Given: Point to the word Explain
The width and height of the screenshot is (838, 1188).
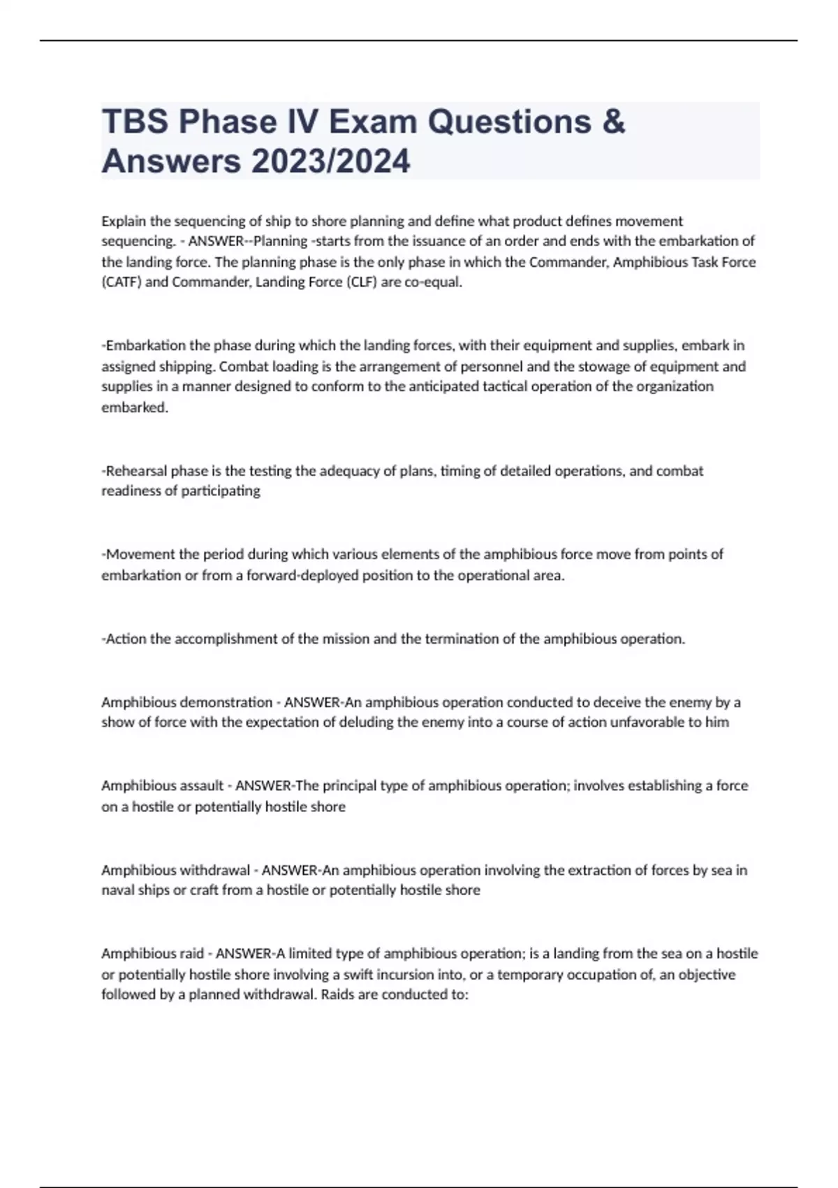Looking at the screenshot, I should click(x=124, y=222).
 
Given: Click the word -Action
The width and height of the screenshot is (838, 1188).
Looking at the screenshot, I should click(x=124, y=639).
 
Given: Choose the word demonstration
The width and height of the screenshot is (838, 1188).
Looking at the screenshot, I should click(x=226, y=702).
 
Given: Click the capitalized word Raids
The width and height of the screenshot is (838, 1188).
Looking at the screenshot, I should click(x=337, y=994).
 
